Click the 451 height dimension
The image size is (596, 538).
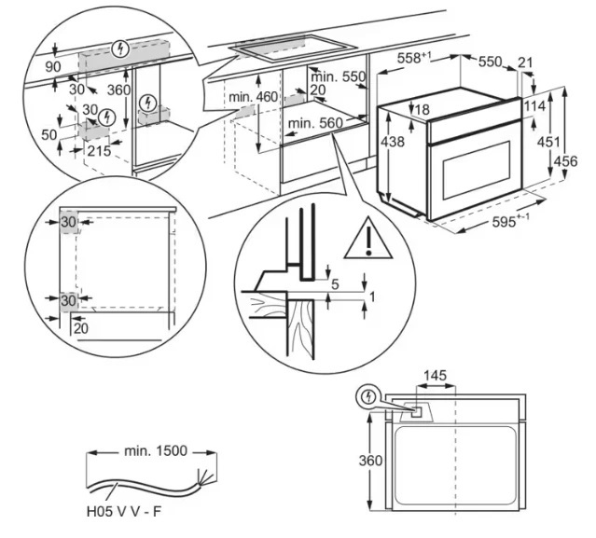click(x=552, y=142)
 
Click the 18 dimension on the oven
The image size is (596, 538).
click(x=422, y=111)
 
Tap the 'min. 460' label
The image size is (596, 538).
click(x=252, y=97)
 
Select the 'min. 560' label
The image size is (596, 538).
click(x=316, y=123)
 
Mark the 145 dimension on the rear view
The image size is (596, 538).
click(x=435, y=376)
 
